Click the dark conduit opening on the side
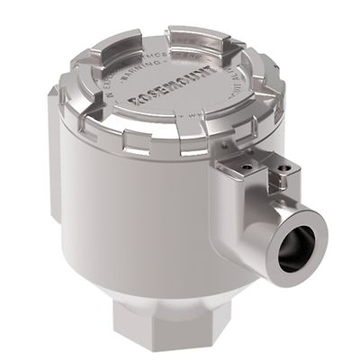[x=296, y=247]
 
